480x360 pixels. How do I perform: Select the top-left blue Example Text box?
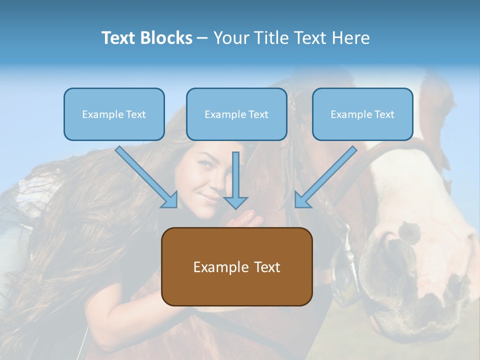click(x=114, y=114)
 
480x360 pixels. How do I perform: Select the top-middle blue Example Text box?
click(x=236, y=114)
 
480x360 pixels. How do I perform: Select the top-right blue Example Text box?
click(x=362, y=114)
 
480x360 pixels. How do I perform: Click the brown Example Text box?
click(x=236, y=266)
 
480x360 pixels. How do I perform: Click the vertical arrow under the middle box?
click(x=235, y=180)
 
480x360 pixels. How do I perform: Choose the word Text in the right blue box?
click(x=384, y=114)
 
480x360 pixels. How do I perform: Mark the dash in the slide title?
click(x=202, y=38)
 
